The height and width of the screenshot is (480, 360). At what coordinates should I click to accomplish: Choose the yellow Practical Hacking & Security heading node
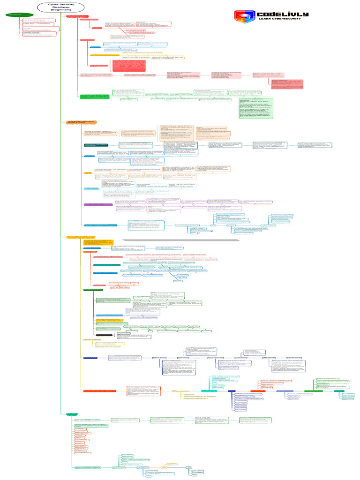82,238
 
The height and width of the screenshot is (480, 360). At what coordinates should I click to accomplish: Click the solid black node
107,335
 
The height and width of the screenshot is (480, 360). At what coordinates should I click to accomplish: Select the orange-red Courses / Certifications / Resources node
99,390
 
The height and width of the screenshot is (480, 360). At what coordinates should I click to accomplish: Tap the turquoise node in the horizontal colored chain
208,391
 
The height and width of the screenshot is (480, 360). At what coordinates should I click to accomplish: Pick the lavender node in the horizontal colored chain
285,391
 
